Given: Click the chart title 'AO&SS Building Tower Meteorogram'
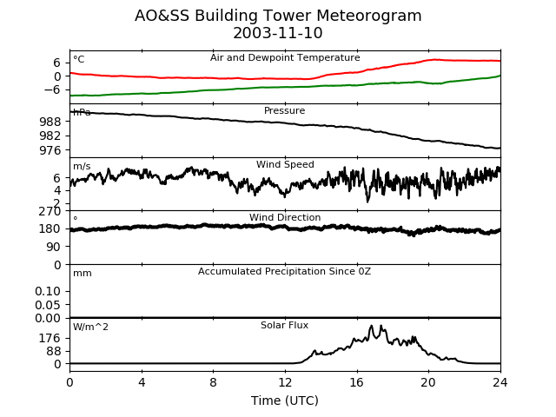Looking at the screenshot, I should (278, 16).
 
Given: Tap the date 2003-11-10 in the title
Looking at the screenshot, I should (278, 34).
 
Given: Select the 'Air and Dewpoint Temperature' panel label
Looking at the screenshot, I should (285, 58).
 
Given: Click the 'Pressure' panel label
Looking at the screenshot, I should (285, 111).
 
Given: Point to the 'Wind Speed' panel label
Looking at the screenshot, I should (285, 165).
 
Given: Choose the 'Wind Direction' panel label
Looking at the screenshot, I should (285, 218).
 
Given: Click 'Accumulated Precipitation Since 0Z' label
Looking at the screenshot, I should (285, 272).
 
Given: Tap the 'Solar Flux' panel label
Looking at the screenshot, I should (285, 326).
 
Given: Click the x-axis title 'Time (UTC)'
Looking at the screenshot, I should (285, 400).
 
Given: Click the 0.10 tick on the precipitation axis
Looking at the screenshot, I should (50, 291).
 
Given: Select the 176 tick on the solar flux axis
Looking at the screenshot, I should (53, 338).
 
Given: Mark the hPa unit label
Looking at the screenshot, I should (82, 113).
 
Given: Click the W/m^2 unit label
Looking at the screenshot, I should (90, 328).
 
